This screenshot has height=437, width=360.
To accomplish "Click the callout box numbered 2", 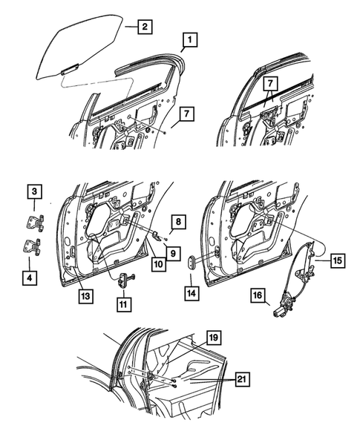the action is click(145, 27).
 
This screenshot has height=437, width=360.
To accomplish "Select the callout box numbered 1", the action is click(190, 40).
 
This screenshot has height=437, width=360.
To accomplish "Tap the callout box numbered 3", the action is click(34, 191).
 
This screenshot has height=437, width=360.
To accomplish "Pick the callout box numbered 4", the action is click(30, 277).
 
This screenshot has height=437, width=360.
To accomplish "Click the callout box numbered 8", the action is click(178, 222).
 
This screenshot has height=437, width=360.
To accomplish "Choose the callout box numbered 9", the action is click(173, 254).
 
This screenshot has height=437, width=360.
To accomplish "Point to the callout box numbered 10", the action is click(158, 264).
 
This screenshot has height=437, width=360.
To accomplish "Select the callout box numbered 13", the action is click(85, 296).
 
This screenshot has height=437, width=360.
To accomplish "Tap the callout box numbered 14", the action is click(192, 293).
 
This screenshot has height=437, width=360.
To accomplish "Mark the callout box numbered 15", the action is click(338, 260).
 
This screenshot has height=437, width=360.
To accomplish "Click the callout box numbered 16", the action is click(258, 295).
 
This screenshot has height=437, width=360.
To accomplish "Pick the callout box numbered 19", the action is click(214, 338).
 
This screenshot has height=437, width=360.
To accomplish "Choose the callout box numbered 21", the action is click(242, 379).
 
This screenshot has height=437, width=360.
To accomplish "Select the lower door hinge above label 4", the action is click(31, 247).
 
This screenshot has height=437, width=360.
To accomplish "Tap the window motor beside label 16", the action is click(284, 306).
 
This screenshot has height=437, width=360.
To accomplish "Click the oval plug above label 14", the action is click(192, 262).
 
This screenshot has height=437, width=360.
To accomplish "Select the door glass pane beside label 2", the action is click(79, 46).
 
